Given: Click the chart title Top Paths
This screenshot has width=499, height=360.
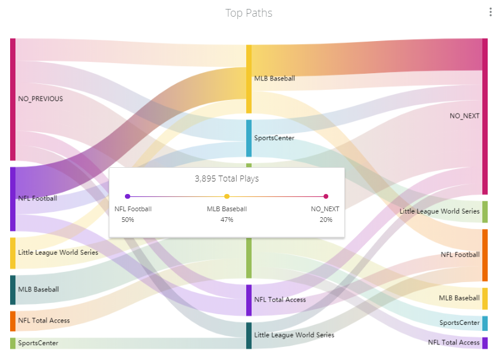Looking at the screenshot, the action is (x=249, y=13).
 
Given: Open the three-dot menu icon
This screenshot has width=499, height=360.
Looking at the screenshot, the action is (x=491, y=12).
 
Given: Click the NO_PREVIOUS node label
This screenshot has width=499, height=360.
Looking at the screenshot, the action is (x=40, y=99).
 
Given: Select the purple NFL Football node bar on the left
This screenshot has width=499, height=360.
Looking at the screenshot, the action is (x=12, y=199).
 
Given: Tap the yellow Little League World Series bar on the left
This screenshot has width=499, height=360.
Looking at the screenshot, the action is (x=12, y=253).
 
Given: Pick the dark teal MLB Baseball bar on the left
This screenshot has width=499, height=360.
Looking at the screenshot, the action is (x=12, y=290).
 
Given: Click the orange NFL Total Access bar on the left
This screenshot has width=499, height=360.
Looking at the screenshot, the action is (x=12, y=321).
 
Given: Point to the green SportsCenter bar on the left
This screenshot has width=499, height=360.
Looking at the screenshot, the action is (x=12, y=343).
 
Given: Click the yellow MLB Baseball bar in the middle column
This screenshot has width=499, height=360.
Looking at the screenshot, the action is (x=249, y=79).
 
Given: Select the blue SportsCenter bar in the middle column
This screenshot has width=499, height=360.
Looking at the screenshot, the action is (x=249, y=138).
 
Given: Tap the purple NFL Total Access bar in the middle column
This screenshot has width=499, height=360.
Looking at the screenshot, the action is (x=249, y=300).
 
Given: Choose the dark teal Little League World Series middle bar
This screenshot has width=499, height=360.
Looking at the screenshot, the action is (x=249, y=336).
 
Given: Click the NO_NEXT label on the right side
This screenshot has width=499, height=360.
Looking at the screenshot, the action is (x=465, y=116).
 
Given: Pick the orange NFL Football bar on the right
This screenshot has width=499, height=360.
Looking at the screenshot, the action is (x=485, y=255).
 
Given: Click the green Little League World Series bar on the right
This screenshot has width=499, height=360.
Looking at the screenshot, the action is (x=485, y=212).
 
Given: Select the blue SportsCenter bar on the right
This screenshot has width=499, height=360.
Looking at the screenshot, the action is (x=485, y=323).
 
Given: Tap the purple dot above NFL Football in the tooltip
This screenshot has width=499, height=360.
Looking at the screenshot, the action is (x=128, y=196).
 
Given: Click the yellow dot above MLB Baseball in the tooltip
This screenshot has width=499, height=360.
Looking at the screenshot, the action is (x=227, y=196).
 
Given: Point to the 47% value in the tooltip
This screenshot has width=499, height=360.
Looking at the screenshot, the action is (x=227, y=220).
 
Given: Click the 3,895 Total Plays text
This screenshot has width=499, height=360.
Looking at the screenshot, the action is (x=227, y=179).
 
